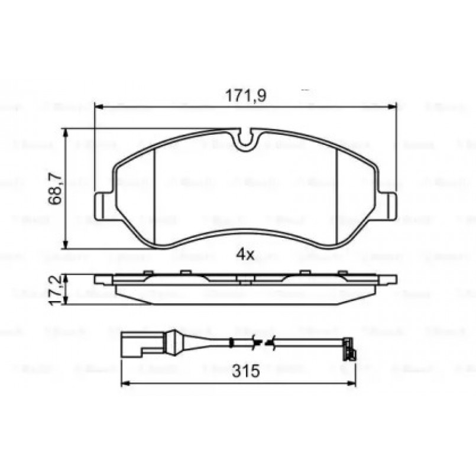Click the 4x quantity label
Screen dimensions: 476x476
click(245, 255)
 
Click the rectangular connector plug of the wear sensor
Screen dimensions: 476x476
click(135, 343)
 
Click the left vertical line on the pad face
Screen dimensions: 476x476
click(154, 195)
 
